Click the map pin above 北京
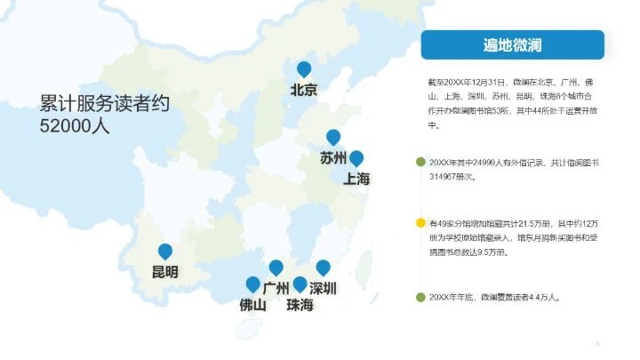pos(304,69)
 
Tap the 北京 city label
pos(304,89)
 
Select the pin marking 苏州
pos(333,138)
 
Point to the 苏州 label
pos(333,159)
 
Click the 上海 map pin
pos(356,159)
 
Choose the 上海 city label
pos(356,180)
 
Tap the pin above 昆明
pos(165,252)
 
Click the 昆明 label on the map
pos(165,272)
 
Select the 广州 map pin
pos(276,268)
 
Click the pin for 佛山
pos(253,284)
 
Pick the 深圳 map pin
pos(324,268)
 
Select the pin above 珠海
pos(300,284)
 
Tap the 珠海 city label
pos(300,305)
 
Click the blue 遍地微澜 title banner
pos(512,44)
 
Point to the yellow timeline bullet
pos(420,222)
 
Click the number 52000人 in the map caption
pos(75,126)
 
